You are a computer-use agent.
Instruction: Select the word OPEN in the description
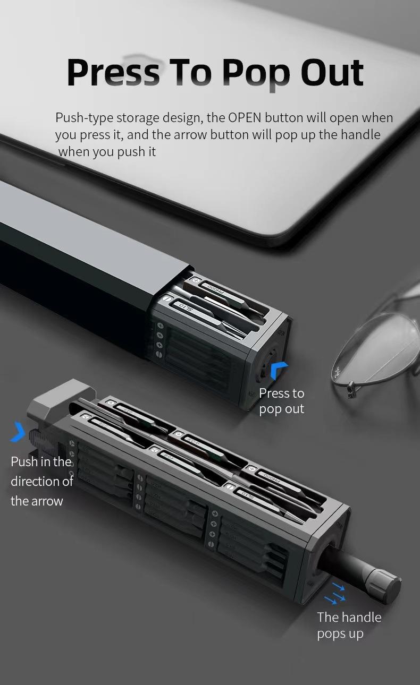245,117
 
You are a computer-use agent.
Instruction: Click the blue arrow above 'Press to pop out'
279,370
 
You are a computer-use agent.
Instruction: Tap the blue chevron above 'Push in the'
18,432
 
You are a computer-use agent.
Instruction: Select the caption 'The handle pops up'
349,625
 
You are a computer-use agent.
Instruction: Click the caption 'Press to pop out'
281,401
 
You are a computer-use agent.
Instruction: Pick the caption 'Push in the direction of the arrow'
41,481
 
